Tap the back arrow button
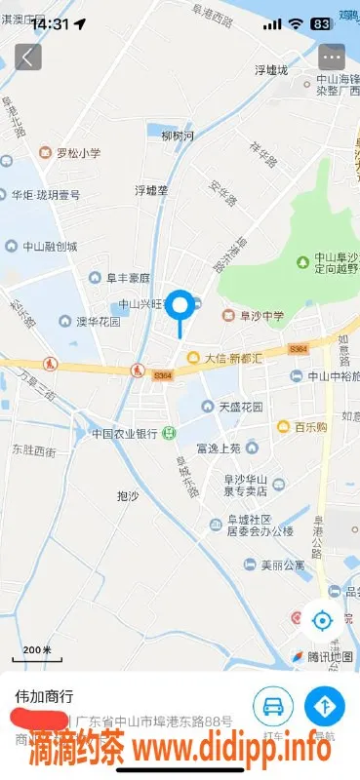(27, 57)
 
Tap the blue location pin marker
(180, 307)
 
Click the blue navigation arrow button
(325, 705)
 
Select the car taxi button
(273, 705)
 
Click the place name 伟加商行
(44, 696)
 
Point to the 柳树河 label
(179, 135)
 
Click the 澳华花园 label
(99, 321)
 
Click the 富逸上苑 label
(219, 448)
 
